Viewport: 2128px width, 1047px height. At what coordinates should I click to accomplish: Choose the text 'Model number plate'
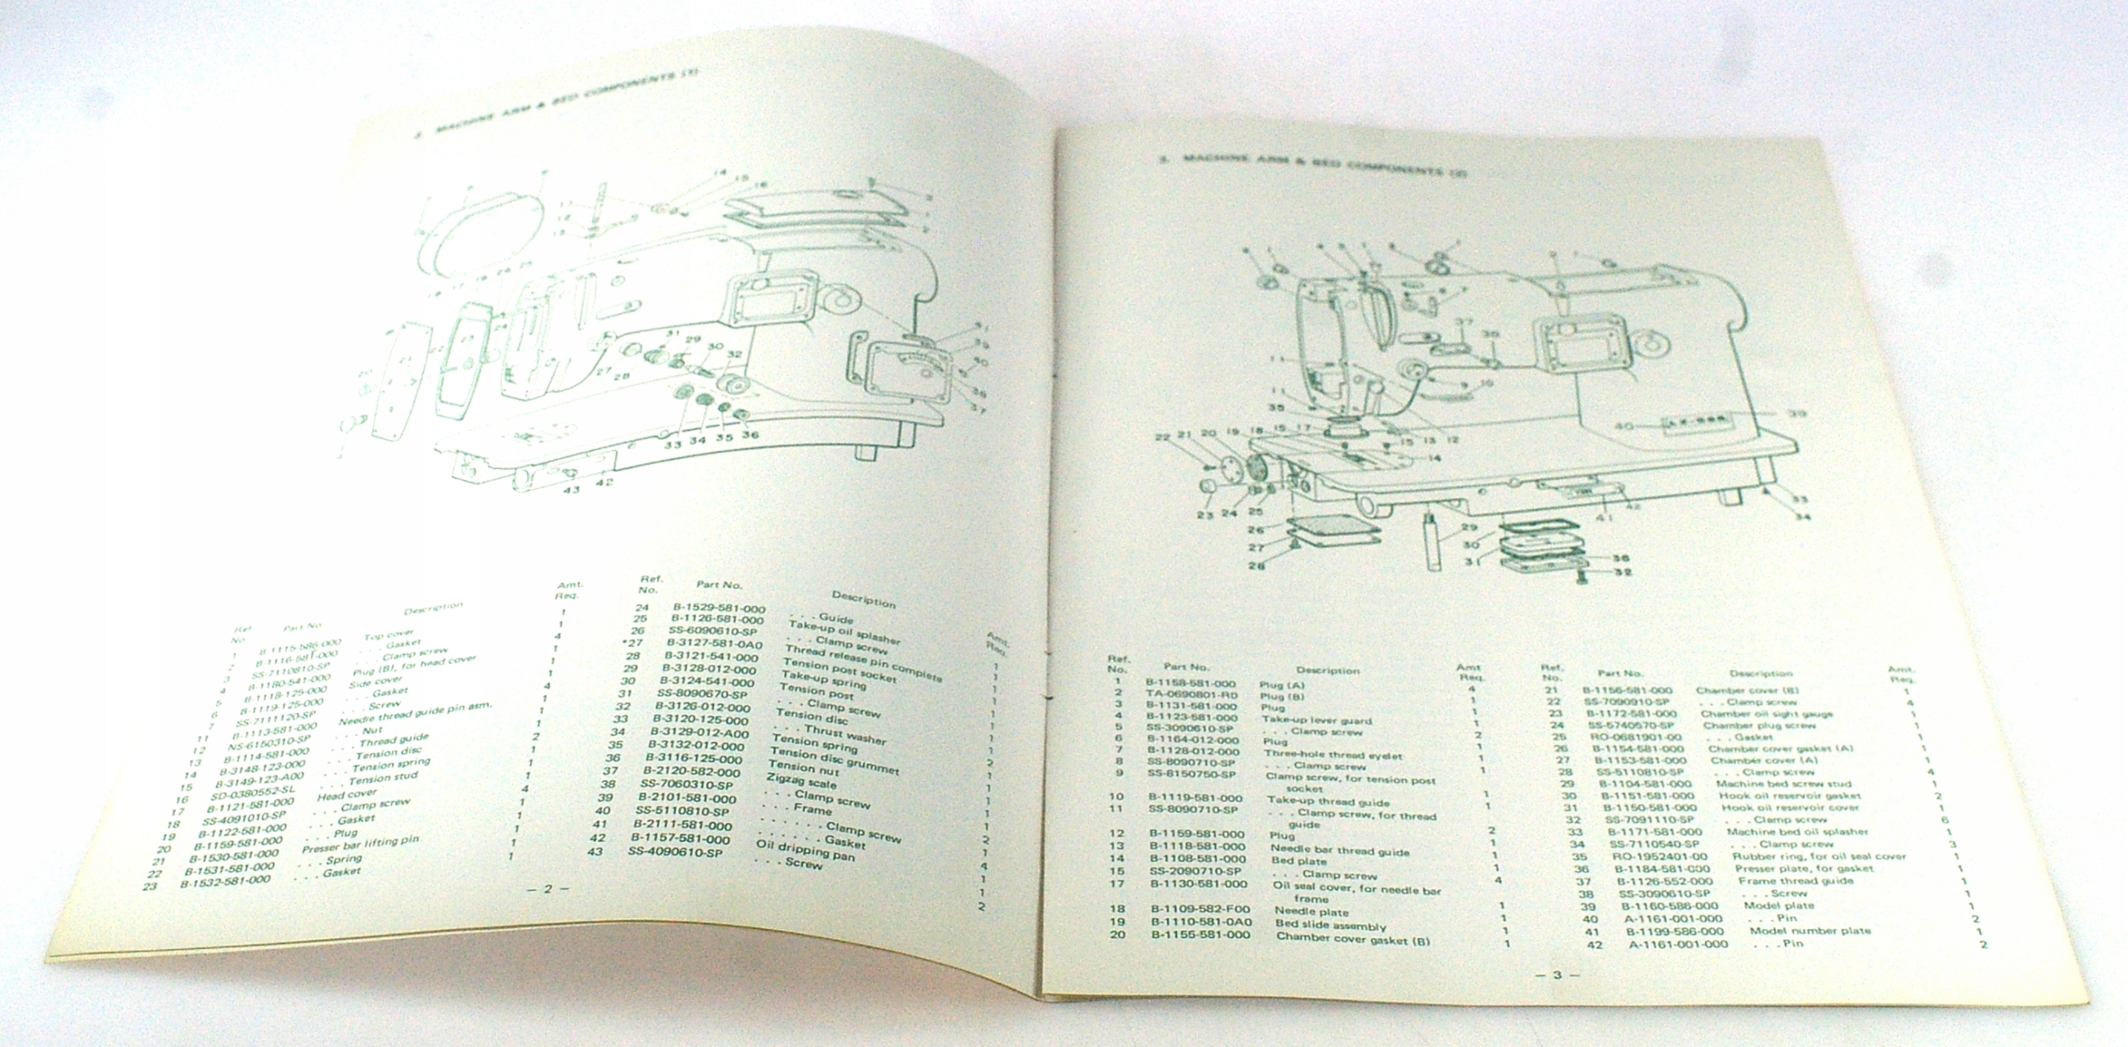[1810, 930]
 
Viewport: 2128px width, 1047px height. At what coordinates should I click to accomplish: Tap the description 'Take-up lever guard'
[1316, 721]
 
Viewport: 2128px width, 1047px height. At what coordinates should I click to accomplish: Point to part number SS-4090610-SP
[675, 852]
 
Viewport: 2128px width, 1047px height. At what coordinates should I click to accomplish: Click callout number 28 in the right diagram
[1256, 565]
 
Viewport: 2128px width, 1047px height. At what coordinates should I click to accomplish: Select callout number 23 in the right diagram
[1205, 515]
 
